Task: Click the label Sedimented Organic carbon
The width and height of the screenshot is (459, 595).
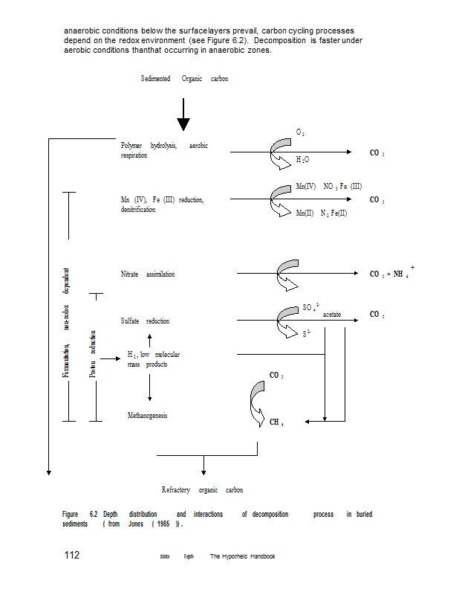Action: [x=184, y=79]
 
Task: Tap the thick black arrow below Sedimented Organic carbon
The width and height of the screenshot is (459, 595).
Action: [x=183, y=115]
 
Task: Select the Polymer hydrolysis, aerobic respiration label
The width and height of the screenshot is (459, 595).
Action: [x=164, y=150]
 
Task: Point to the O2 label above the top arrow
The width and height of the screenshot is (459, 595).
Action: [x=300, y=132]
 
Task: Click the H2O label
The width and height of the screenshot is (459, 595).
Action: [x=302, y=160]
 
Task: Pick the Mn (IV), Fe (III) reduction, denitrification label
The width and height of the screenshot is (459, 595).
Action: [x=162, y=205]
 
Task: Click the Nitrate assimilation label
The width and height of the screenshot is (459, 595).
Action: [x=148, y=274]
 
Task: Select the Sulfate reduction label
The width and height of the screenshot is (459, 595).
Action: [x=145, y=321]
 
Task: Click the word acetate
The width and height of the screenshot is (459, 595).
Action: [x=332, y=315]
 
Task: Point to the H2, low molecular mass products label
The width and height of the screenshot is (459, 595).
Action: [x=153, y=359]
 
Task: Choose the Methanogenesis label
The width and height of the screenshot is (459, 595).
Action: [x=147, y=416]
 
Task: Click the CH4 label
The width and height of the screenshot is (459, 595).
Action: [x=276, y=422]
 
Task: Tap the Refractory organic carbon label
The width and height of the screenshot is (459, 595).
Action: [x=202, y=490]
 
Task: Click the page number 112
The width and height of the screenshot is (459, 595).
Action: [x=72, y=556]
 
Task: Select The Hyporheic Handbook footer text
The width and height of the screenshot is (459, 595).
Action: [x=242, y=556]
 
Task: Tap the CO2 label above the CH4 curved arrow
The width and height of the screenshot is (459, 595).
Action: [x=276, y=376]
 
